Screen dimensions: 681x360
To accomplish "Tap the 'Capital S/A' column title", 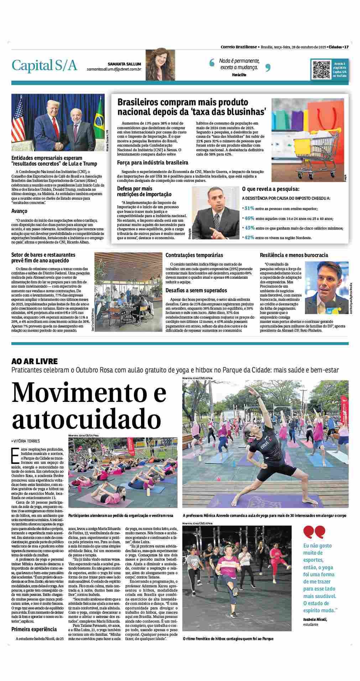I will pyautogui.click(x=45, y=66).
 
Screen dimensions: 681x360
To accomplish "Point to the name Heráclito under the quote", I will pyautogui.click(x=239, y=75).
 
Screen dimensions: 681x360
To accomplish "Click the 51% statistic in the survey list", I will pyautogui.click(x=249, y=208).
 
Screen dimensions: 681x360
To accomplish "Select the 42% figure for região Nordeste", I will pyautogui.click(x=249, y=237).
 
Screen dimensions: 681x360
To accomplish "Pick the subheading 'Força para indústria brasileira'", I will pyautogui.click(x=153, y=163).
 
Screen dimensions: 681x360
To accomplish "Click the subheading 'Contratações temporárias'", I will pyautogui.click(x=194, y=255).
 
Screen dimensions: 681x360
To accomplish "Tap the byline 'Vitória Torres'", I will pyautogui.click(x=27, y=441).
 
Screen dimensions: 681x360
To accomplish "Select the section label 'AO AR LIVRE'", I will pyautogui.click(x=34, y=361).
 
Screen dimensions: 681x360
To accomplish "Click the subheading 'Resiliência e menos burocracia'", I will pyautogui.click(x=294, y=255).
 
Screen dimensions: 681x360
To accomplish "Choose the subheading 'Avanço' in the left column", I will pyautogui.click(x=19, y=211).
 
